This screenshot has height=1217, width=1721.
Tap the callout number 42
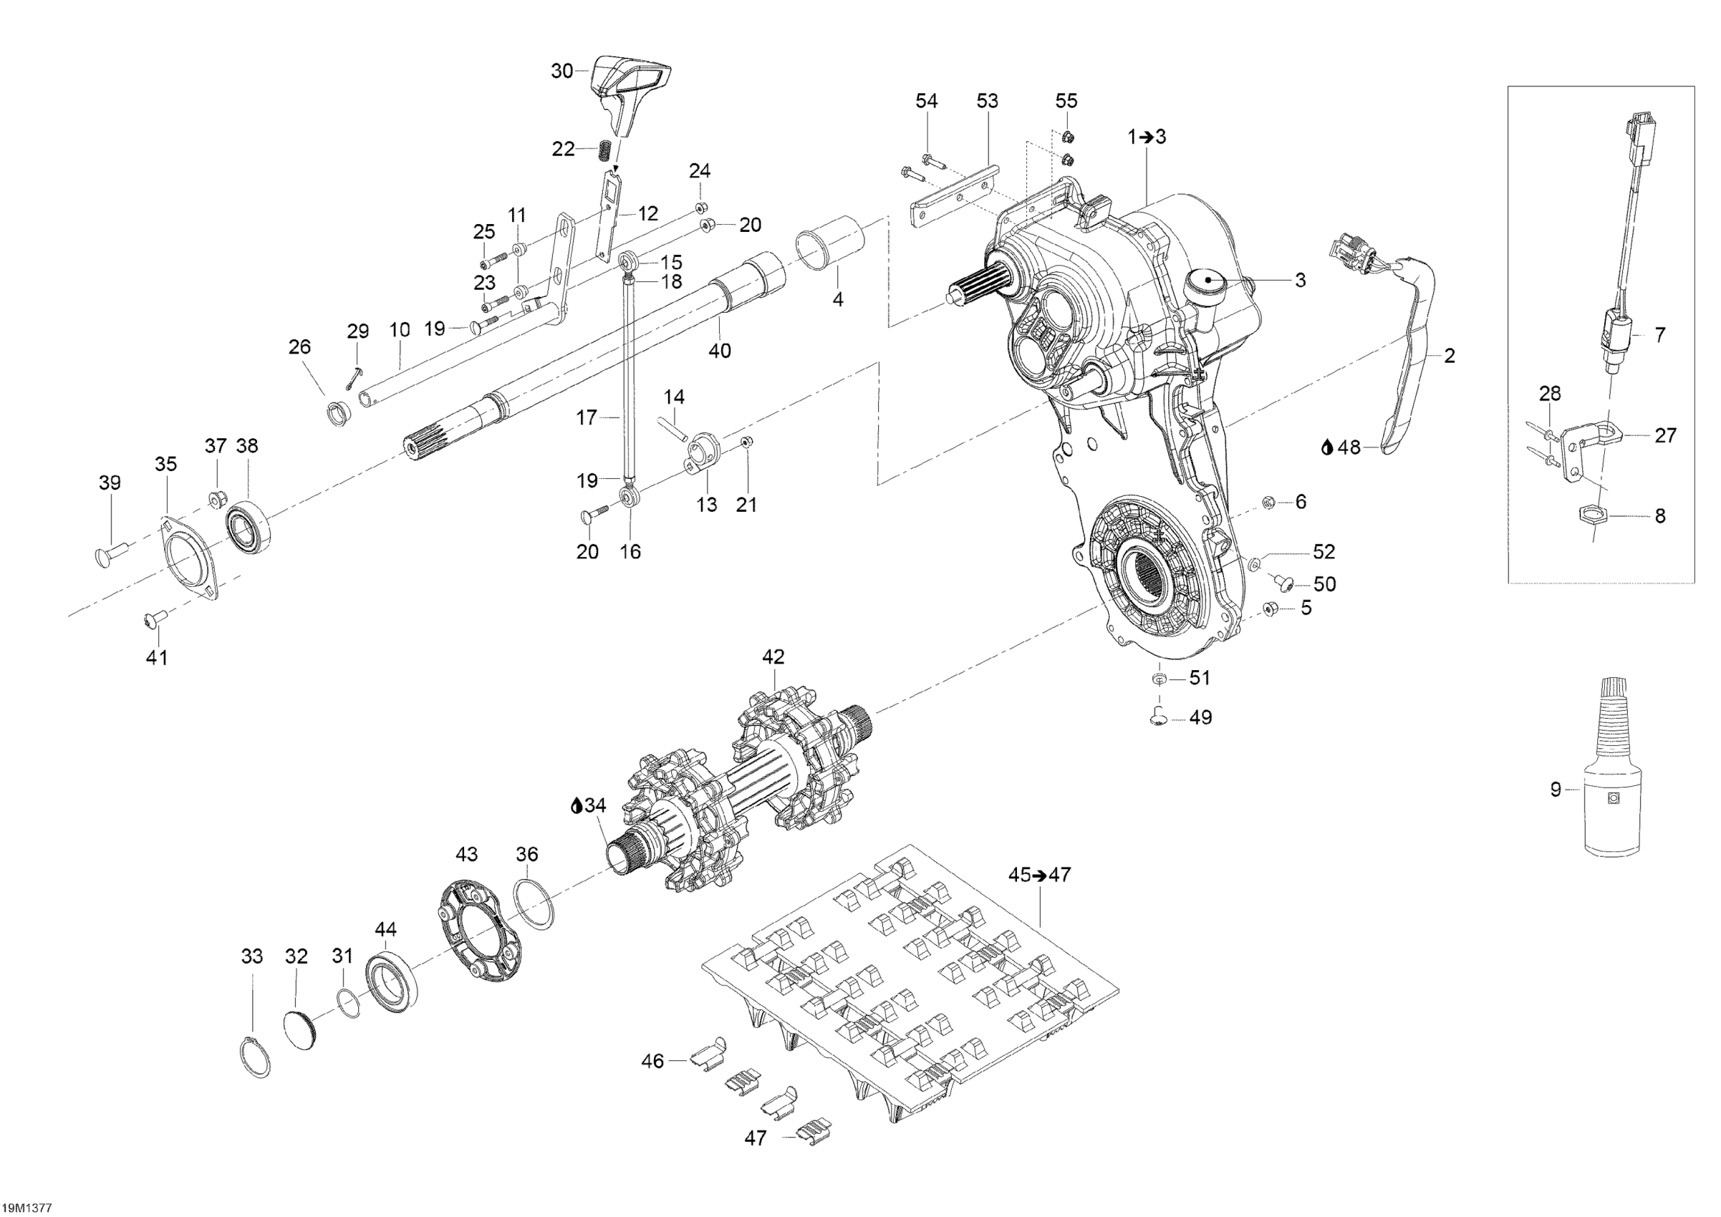click(x=773, y=656)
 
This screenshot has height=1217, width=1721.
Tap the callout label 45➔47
click(x=1040, y=875)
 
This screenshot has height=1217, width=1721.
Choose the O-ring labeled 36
click(x=534, y=906)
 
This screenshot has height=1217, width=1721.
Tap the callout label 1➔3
click(x=1147, y=137)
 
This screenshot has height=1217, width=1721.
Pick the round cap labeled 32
click(x=302, y=1025)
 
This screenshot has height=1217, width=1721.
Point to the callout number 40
click(x=720, y=351)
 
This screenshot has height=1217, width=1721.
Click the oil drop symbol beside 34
click(x=577, y=805)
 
